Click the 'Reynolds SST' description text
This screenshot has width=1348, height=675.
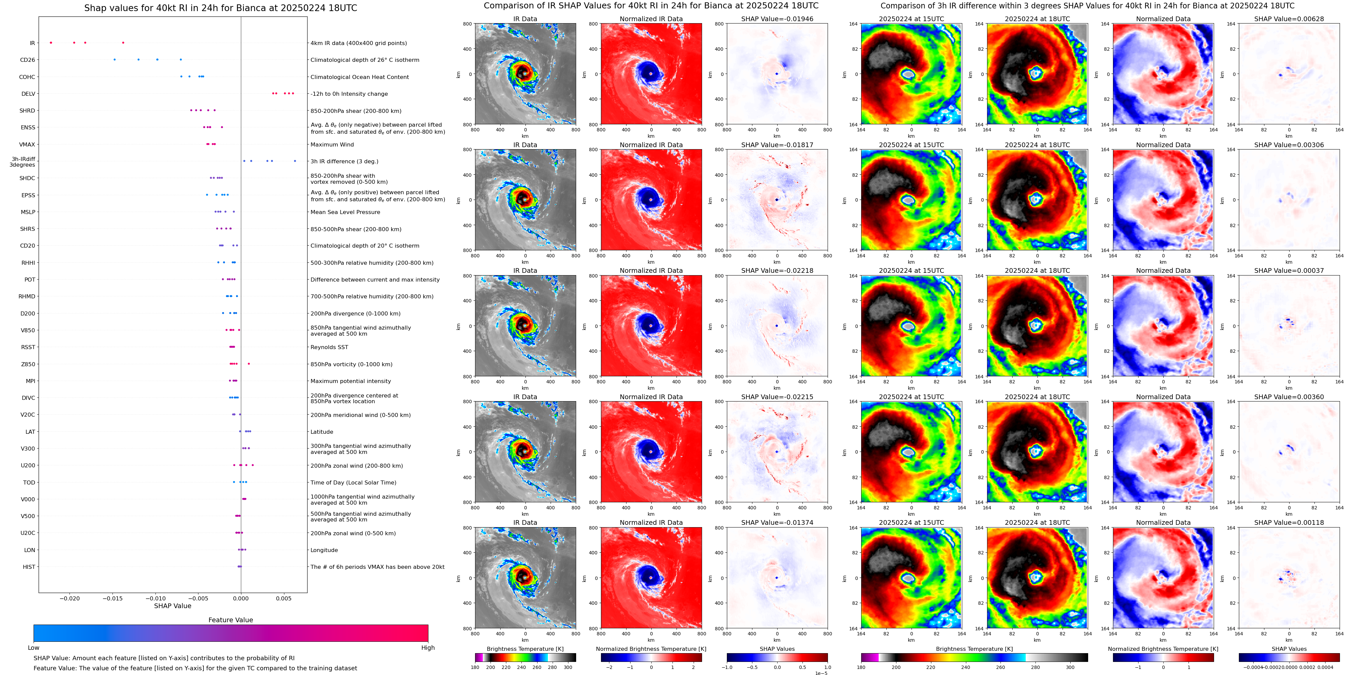click(x=329, y=347)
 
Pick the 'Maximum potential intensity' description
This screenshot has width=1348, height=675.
click(x=351, y=381)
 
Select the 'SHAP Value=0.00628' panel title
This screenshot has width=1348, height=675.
click(x=1289, y=19)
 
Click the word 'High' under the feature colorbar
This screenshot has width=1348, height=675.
click(x=427, y=648)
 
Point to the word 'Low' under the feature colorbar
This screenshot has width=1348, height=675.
click(x=34, y=648)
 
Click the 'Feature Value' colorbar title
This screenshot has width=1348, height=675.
click(x=230, y=620)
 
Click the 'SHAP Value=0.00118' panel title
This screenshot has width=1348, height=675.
click(x=1289, y=522)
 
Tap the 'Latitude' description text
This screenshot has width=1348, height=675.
click(x=322, y=432)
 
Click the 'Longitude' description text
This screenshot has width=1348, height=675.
click(x=324, y=550)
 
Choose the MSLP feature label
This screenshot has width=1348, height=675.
click(x=28, y=212)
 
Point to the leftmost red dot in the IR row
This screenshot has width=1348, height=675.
click(x=51, y=42)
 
